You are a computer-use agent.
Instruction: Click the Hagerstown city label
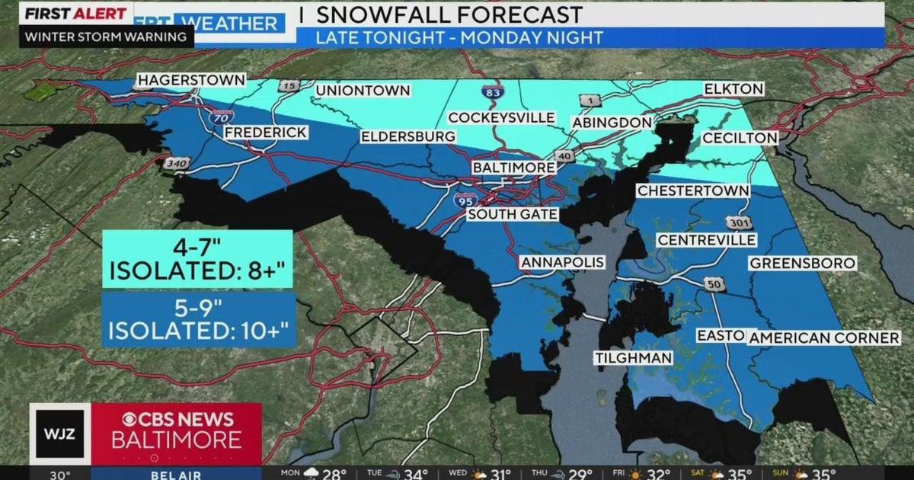[191, 80]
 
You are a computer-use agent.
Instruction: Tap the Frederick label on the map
[266, 133]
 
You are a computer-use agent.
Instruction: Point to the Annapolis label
[562, 262]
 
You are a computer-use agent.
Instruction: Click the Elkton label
[733, 89]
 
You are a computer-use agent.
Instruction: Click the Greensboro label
[802, 263]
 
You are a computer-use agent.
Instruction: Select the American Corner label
[825, 338]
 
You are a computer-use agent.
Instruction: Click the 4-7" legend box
[197, 260]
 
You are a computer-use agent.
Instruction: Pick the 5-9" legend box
[197, 320]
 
